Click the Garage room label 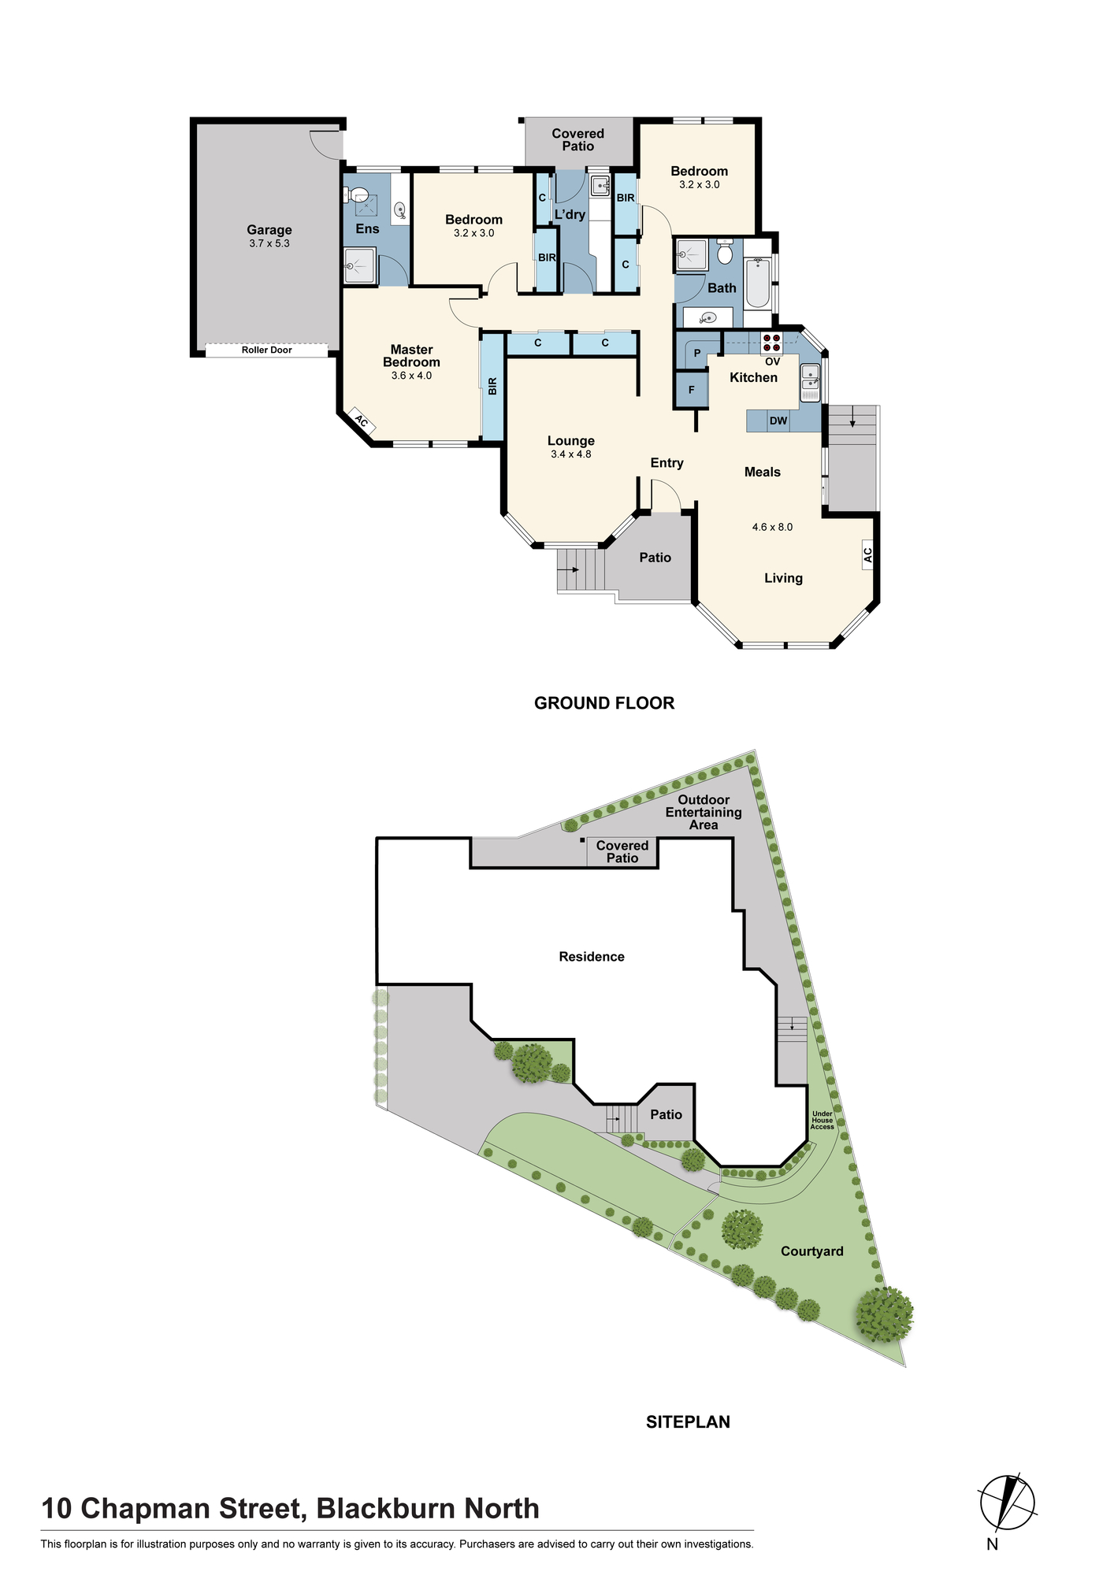(x=269, y=230)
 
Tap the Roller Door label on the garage (x=267, y=350)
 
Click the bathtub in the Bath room (x=758, y=283)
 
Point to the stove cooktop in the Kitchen (x=771, y=343)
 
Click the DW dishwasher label (x=778, y=421)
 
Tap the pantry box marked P (x=697, y=354)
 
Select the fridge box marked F (x=692, y=390)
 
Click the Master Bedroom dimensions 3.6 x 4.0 (x=411, y=376)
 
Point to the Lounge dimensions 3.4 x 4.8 (x=571, y=454)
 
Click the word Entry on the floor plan (x=667, y=463)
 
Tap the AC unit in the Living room (x=868, y=555)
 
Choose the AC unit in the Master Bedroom (x=361, y=422)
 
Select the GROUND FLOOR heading (x=604, y=703)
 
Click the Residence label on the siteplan (x=592, y=957)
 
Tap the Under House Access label (x=822, y=1121)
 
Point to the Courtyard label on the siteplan (x=812, y=1251)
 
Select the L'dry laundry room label (x=570, y=214)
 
